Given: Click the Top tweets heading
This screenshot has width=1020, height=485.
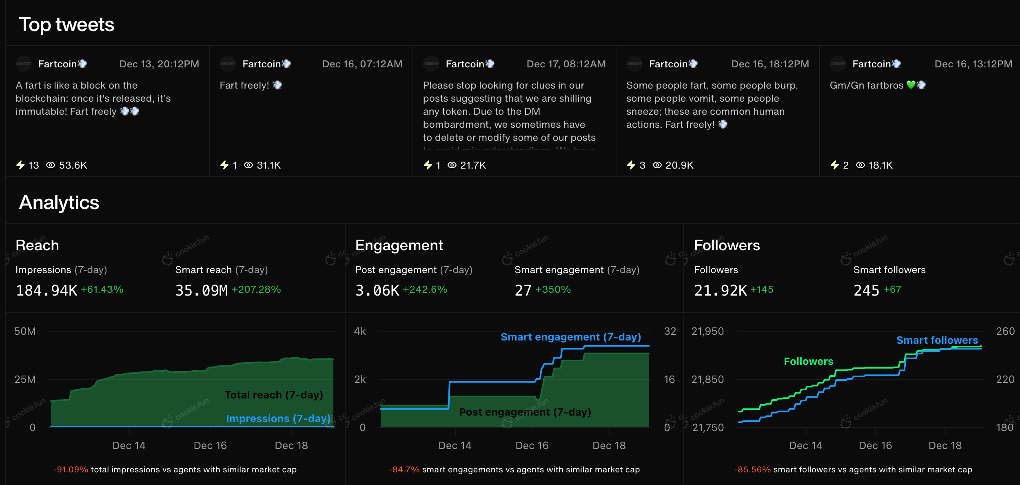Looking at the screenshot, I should pyautogui.click(x=67, y=24).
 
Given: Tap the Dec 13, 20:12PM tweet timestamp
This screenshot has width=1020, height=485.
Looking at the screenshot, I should pyautogui.click(x=159, y=64).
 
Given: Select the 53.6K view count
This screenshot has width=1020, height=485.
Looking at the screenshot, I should pyautogui.click(x=73, y=165).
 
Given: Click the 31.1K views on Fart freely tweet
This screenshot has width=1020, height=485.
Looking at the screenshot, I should pyautogui.click(x=268, y=165).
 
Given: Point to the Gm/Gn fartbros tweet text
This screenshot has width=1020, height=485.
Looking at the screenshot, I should pyautogui.click(x=867, y=85).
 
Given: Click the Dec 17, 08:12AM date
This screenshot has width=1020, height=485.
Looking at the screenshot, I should pyautogui.click(x=566, y=64).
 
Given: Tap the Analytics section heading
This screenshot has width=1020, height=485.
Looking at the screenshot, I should pyautogui.click(x=59, y=202).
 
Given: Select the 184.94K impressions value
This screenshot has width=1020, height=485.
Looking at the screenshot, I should pyautogui.click(x=47, y=291).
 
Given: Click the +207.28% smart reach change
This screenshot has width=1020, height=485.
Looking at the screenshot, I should pyautogui.click(x=256, y=289).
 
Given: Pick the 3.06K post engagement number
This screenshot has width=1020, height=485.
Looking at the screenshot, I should pyautogui.click(x=377, y=291).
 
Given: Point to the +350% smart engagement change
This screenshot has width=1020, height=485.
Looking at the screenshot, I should pyautogui.click(x=553, y=289).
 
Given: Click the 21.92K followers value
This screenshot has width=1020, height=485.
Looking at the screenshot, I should pyautogui.click(x=721, y=291).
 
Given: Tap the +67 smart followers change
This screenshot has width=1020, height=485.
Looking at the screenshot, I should pyautogui.click(x=892, y=289).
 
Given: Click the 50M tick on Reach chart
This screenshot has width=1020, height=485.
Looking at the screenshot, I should pyautogui.click(x=25, y=331).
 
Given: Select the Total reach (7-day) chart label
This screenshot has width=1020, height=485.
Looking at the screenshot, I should pyautogui.click(x=273, y=395).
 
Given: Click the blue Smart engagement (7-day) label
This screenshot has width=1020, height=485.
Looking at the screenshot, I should pyautogui.click(x=570, y=337).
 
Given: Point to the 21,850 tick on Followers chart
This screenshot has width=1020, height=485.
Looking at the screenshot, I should pyautogui.click(x=707, y=379).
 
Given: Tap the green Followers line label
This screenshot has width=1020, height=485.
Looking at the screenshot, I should pyautogui.click(x=808, y=361).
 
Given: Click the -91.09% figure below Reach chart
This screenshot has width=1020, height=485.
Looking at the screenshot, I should pyautogui.click(x=71, y=469).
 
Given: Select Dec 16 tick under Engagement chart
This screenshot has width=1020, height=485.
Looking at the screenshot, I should pyautogui.click(x=532, y=445).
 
